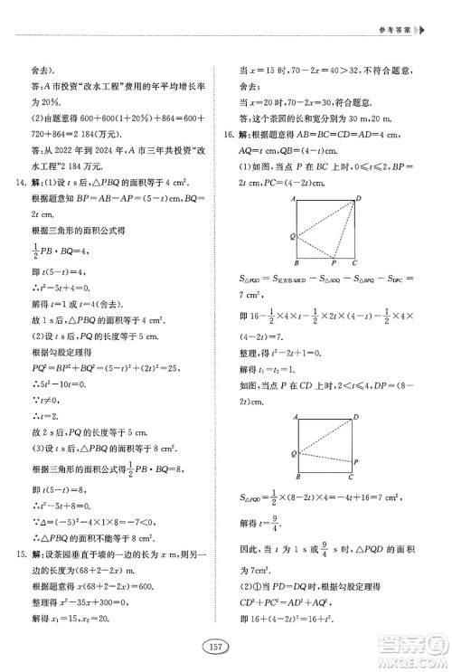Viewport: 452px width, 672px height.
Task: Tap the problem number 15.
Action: click(20, 553)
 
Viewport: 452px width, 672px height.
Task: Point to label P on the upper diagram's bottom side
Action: click(334, 265)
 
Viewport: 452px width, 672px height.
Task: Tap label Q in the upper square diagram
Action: click(292, 235)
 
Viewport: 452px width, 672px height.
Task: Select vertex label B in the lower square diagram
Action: click(298, 477)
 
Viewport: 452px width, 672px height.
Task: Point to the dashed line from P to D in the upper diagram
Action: click(346, 231)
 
